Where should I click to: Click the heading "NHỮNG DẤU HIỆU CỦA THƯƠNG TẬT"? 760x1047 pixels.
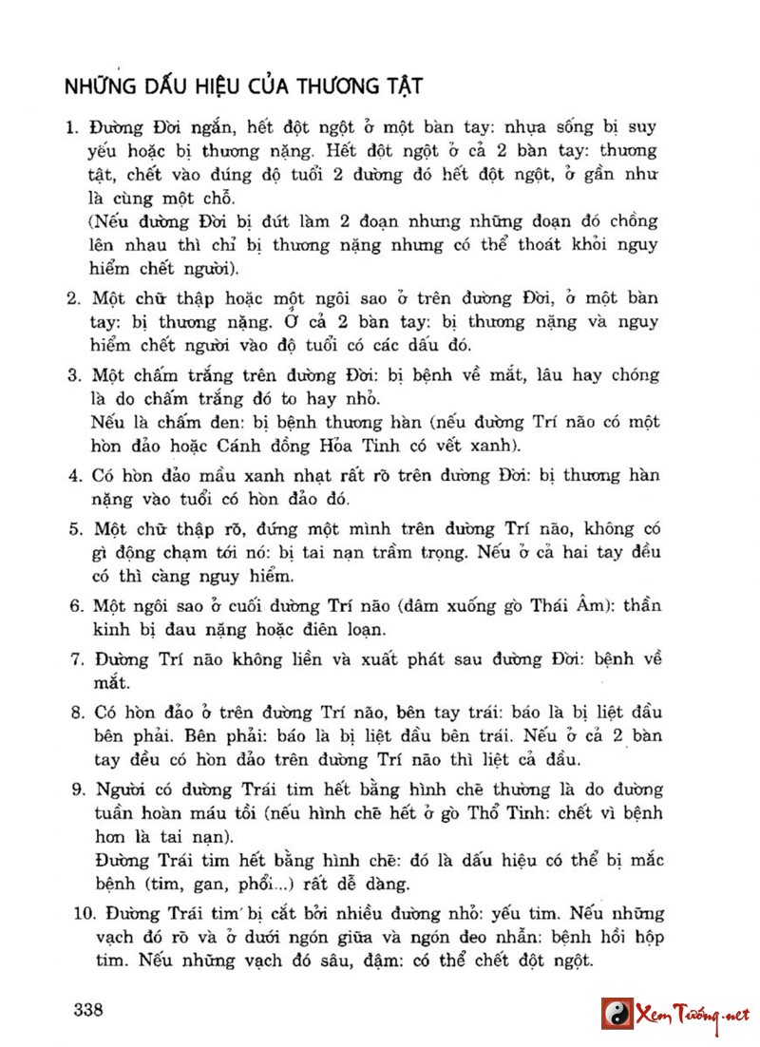click(243, 86)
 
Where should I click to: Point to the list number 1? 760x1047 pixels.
click(71, 127)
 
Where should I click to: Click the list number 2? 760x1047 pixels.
click(71, 299)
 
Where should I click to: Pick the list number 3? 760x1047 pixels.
click(71, 375)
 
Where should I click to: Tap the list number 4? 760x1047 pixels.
click(71, 475)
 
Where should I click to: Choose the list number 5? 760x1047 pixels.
click(71, 528)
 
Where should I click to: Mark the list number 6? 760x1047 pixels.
click(71, 606)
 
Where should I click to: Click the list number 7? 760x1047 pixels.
click(72, 658)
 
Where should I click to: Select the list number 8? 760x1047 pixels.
click(72, 713)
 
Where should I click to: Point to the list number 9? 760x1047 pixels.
click(72, 790)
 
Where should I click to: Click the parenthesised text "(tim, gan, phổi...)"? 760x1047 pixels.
click(233, 885)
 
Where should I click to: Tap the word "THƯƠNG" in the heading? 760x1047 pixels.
click(335, 86)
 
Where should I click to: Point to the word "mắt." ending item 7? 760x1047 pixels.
click(112, 682)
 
